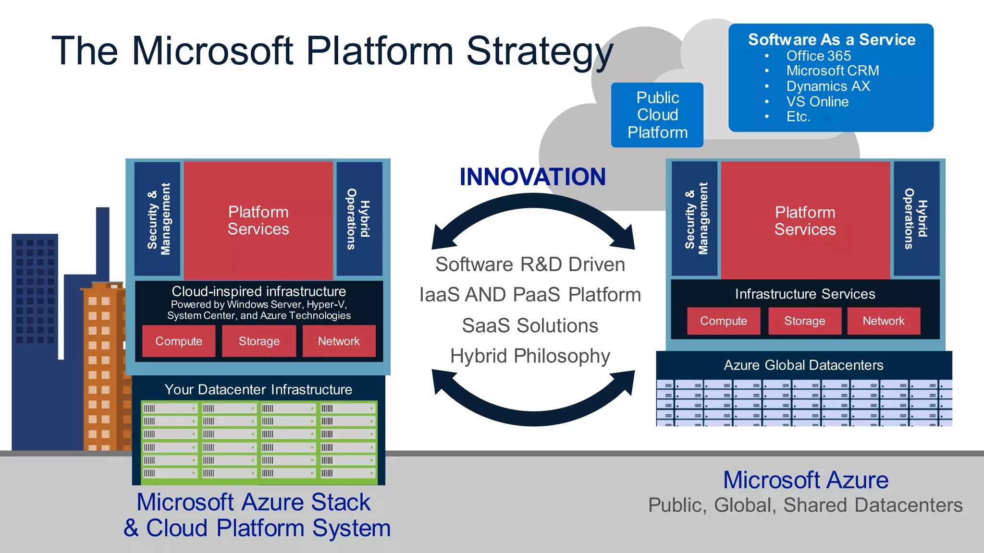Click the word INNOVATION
click(x=532, y=177)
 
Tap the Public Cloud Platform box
click(x=657, y=115)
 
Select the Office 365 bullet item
click(x=818, y=56)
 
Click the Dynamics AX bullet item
click(x=828, y=86)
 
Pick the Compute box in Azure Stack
click(x=179, y=341)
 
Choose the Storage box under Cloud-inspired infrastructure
click(x=259, y=341)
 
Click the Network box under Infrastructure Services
click(x=883, y=321)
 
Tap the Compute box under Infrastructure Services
click(x=723, y=321)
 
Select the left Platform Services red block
click(x=258, y=221)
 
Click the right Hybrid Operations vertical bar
click(x=916, y=219)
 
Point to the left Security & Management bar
click(x=158, y=219)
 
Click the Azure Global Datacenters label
click(x=803, y=365)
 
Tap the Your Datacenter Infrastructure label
click(x=258, y=389)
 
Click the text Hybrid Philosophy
click(x=530, y=356)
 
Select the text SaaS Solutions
click(x=530, y=326)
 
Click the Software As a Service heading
click(x=831, y=39)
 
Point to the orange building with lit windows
click(x=103, y=365)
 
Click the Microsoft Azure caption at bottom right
click(x=806, y=480)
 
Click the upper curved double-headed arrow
click(x=532, y=211)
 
